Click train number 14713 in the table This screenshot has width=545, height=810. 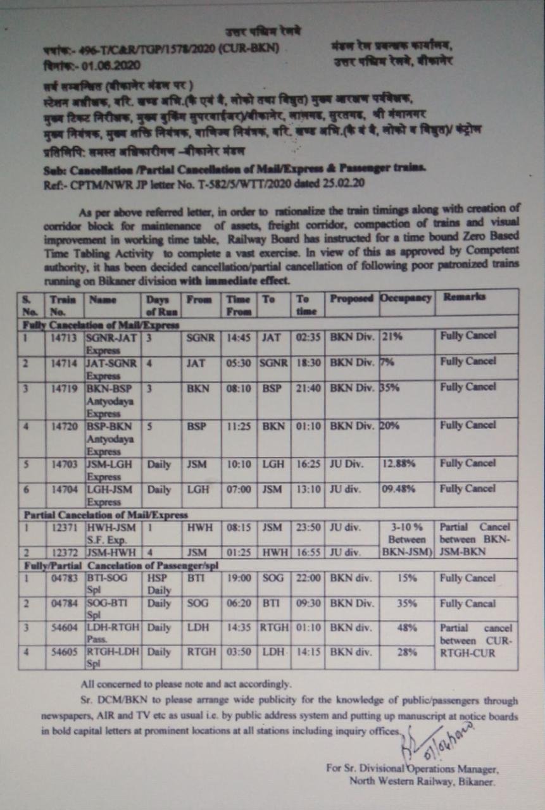coord(64,336)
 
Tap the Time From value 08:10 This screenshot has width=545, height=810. coord(239,387)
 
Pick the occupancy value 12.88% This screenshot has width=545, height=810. coord(399,464)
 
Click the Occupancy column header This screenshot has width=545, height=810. coord(406,297)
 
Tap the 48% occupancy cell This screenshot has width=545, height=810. coord(407,628)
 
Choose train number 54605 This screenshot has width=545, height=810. coord(64,652)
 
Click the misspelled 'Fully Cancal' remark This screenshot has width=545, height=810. coord(468,604)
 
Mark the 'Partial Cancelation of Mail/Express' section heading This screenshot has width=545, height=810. coord(106,515)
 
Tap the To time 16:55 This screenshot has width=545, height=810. coord(308,552)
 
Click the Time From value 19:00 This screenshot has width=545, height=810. coord(239,578)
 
